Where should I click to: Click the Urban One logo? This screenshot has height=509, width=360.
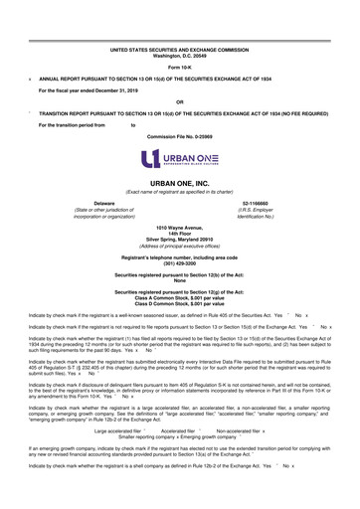178,159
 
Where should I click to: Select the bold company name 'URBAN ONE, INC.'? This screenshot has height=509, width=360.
178,184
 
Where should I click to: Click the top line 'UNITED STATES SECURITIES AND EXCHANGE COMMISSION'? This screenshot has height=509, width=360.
178,47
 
